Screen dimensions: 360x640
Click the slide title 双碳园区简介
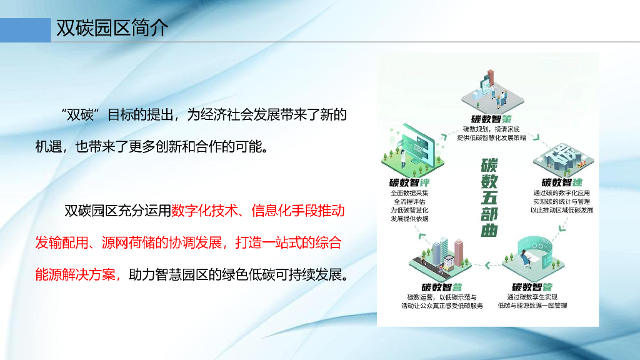pos(112,29)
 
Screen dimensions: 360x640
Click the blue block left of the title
pos(25,29)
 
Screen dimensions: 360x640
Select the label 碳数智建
pos(562,182)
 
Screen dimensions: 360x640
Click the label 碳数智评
pos(409,182)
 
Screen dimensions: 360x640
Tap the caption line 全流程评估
pos(409,202)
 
